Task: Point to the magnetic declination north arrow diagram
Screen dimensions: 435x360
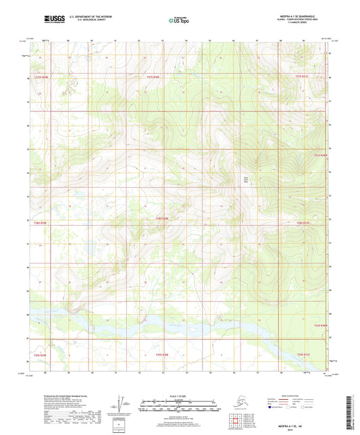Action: pos(121,403)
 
